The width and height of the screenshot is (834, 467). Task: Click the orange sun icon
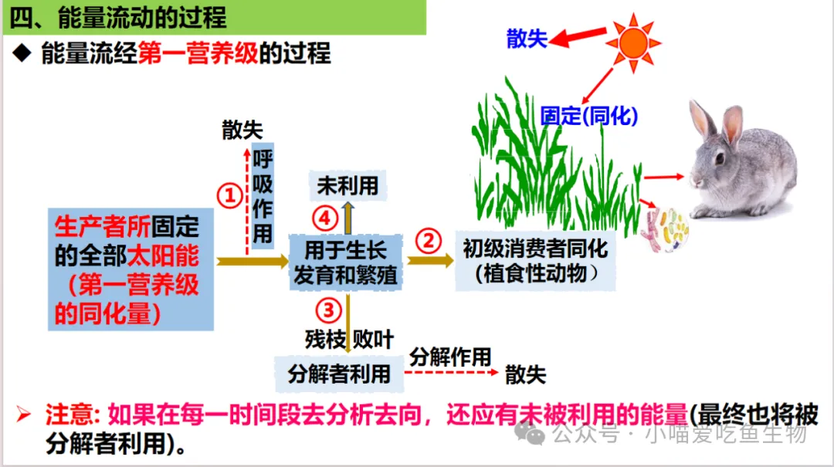pyautogui.click(x=633, y=42)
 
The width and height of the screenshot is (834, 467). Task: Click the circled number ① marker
pyautogui.click(x=229, y=196)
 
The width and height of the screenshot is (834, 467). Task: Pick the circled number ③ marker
pyautogui.click(x=328, y=310)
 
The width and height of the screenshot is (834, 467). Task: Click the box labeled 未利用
pyautogui.click(x=347, y=185)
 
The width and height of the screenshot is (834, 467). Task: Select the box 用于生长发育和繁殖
pyautogui.click(x=345, y=262)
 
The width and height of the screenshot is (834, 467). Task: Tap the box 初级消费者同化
pyautogui.click(x=535, y=261)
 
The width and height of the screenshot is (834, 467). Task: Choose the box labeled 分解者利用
pyautogui.click(x=339, y=374)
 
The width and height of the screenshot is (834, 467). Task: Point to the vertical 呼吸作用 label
pyautogui.click(x=263, y=196)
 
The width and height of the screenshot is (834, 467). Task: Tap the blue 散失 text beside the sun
pyautogui.click(x=527, y=39)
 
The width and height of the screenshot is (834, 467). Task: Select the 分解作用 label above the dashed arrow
pyautogui.click(x=450, y=357)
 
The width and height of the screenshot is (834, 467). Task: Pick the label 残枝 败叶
pyautogui.click(x=349, y=339)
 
